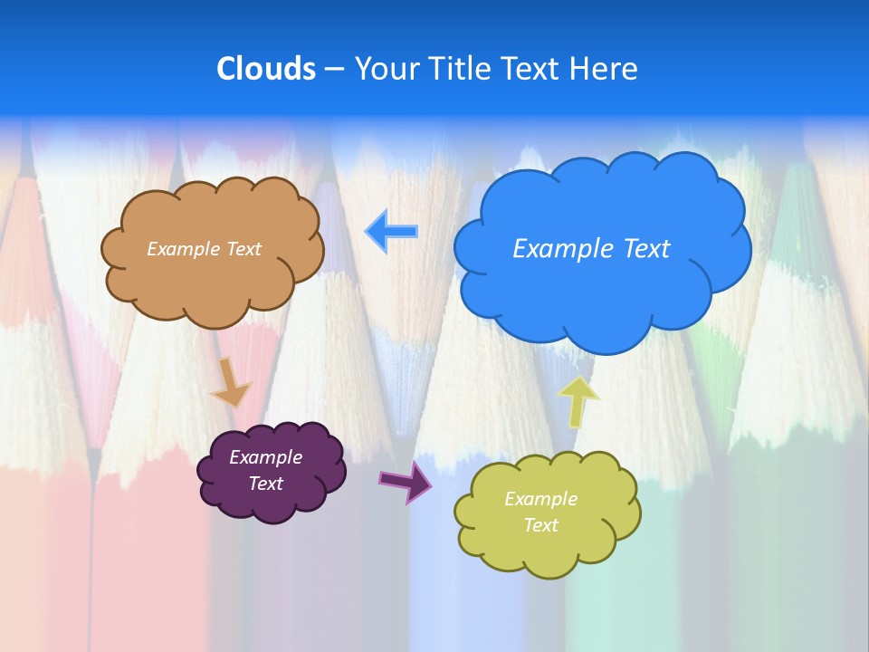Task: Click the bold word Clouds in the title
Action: [x=266, y=69]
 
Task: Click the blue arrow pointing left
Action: [x=392, y=231]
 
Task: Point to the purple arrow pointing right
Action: [x=406, y=481]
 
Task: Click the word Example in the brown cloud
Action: [x=181, y=249]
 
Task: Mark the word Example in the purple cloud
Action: [x=265, y=457]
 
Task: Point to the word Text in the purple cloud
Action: [x=265, y=484]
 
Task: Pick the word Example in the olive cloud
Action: [x=540, y=499]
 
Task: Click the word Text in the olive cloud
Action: [x=540, y=525]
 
